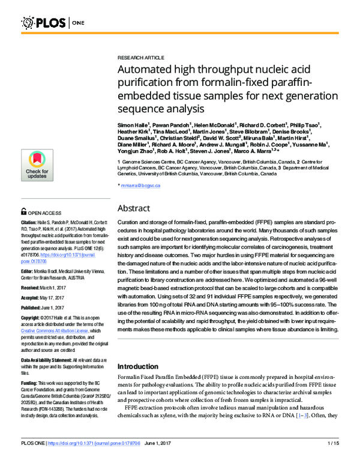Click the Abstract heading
(x=138, y=208)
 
